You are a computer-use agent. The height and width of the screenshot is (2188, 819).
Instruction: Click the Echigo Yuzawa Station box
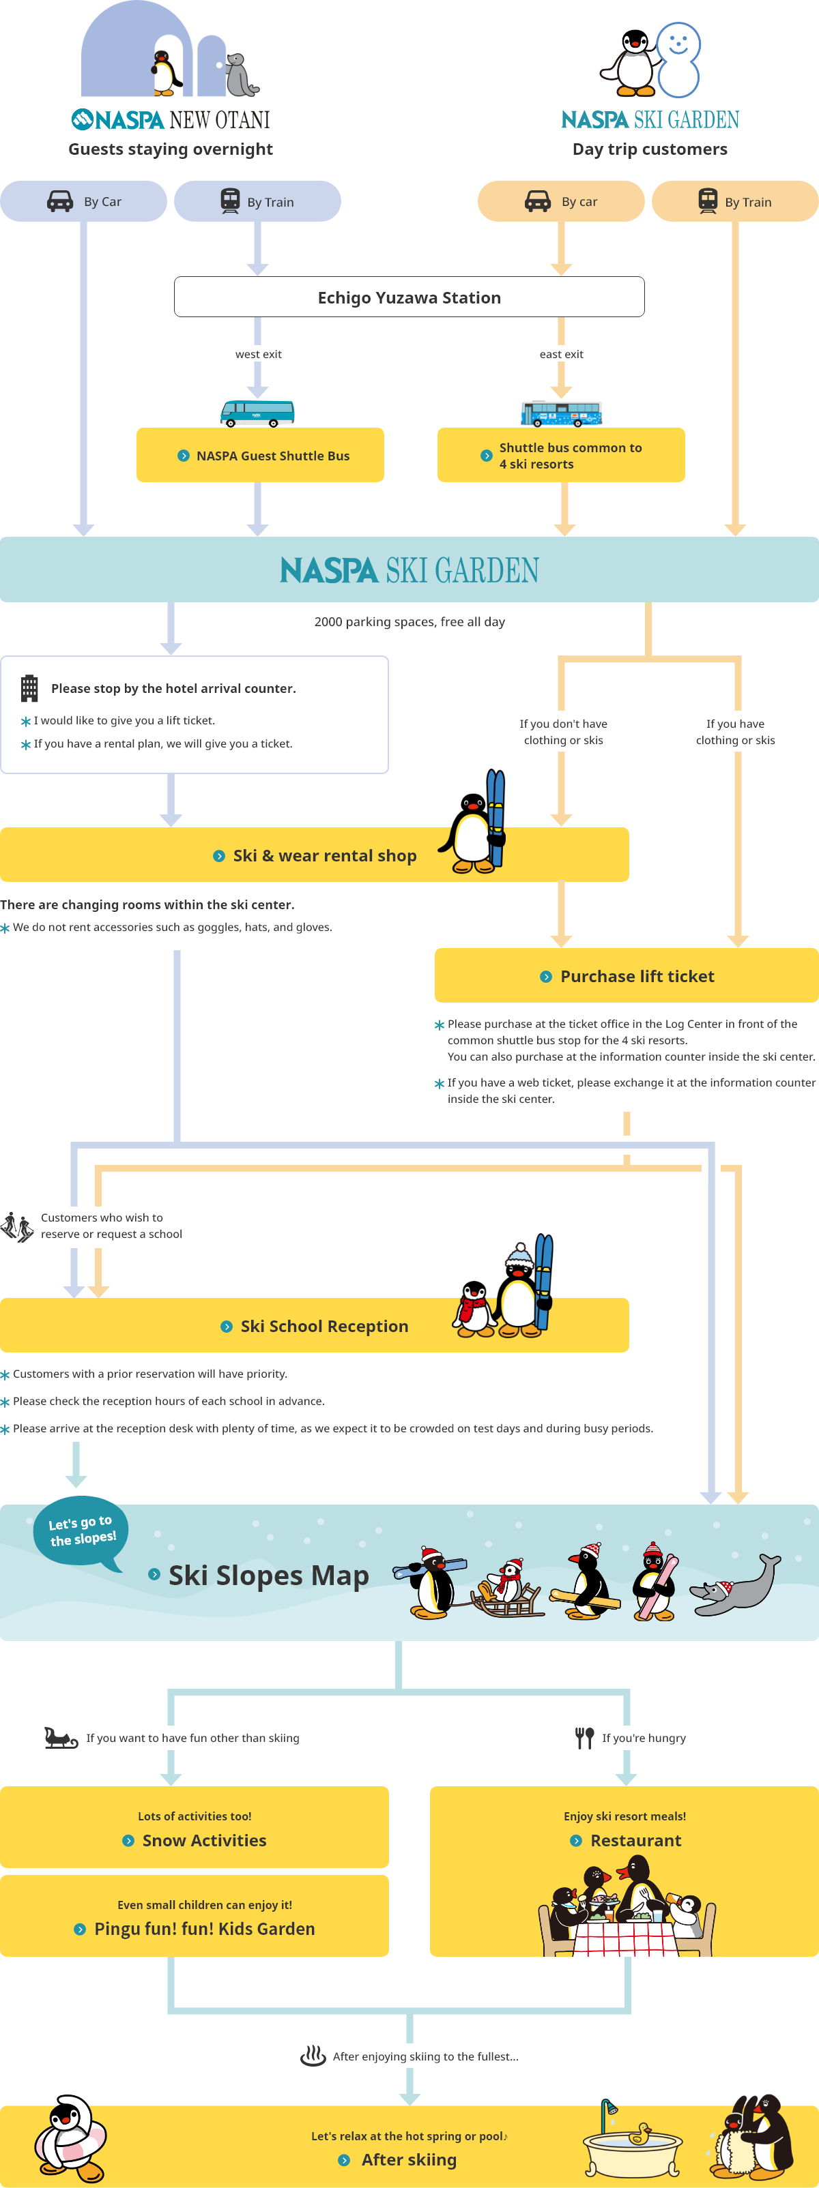point(409,297)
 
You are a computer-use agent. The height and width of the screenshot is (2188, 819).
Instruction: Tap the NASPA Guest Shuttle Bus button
point(260,456)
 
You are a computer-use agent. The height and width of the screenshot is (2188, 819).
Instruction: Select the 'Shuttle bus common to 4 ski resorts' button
point(561,456)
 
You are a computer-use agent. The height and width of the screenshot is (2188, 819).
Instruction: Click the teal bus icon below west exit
point(257,413)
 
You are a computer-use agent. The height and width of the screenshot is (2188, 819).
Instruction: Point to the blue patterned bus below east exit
point(562,413)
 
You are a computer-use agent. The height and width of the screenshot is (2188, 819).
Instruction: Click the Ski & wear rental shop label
point(325,855)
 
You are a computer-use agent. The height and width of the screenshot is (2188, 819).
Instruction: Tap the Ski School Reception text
point(325,1326)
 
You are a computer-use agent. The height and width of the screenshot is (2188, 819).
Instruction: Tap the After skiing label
point(409,2159)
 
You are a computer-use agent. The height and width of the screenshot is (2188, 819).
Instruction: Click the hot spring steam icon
point(313,2056)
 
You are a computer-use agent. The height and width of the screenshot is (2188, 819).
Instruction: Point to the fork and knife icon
point(584,1738)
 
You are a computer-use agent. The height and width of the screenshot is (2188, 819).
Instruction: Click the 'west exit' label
point(258,354)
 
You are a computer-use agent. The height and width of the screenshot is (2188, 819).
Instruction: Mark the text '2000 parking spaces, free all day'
point(409,622)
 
